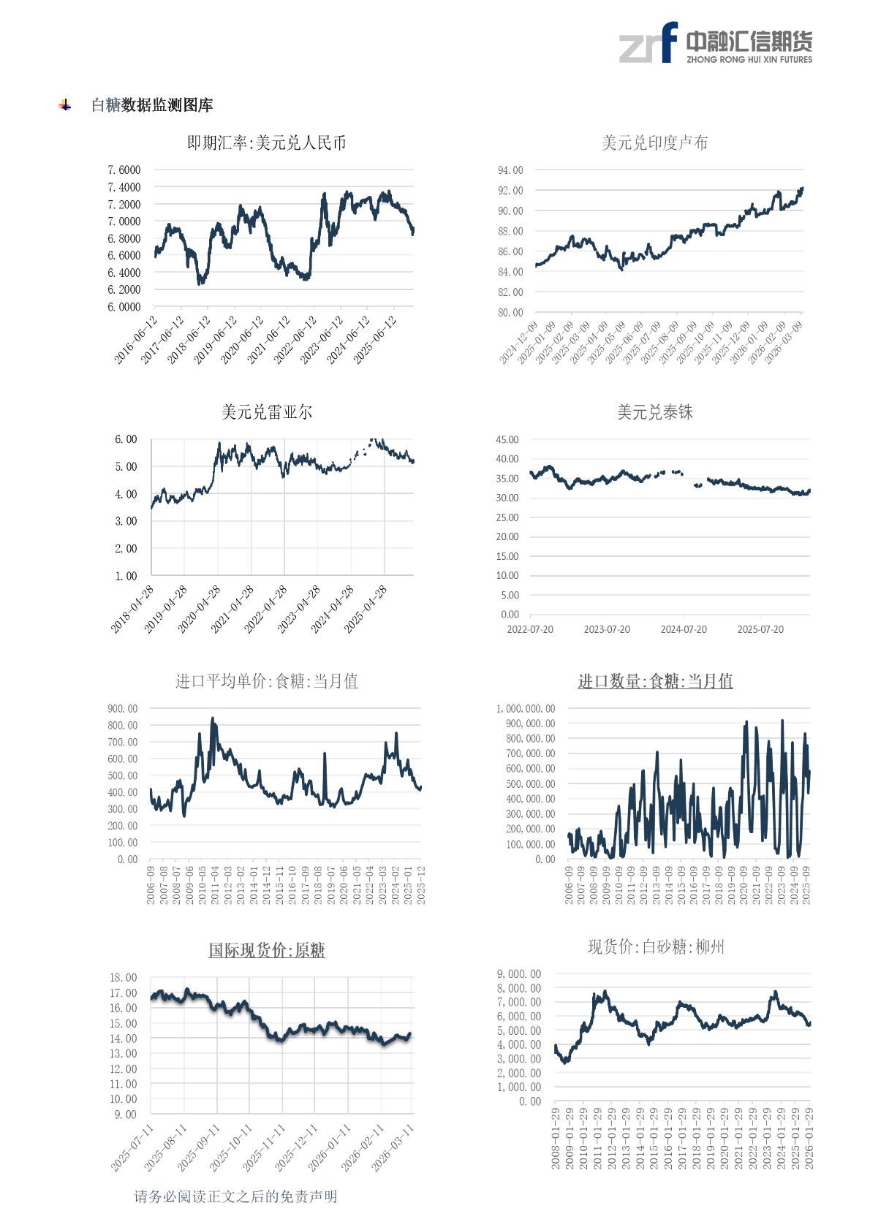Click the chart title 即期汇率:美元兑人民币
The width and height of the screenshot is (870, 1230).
pos(266,143)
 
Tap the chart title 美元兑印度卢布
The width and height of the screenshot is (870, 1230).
pos(654,143)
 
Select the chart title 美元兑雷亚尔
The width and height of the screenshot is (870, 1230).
pos(266,412)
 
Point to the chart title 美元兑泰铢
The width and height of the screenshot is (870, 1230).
pos(654,412)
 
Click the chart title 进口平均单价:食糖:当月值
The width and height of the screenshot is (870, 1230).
pos(266,681)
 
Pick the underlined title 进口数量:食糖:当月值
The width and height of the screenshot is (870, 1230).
pos(655,681)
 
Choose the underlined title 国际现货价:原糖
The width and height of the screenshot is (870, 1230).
pos(266,950)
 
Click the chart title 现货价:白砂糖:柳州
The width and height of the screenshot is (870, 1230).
pos(656,947)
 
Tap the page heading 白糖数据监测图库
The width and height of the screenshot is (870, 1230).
pos(152,105)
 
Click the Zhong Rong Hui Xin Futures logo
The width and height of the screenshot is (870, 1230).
pos(715,44)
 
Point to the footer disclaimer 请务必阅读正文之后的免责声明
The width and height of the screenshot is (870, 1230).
pos(235,1196)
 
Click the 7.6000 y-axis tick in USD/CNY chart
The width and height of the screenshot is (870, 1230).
pos(124,170)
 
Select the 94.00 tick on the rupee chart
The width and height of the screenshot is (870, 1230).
pos(510,170)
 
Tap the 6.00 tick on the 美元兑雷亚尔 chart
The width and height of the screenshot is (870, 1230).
pos(126,439)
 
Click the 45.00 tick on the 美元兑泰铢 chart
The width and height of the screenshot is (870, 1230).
pos(507,439)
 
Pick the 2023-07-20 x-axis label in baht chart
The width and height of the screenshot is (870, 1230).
pos(606,629)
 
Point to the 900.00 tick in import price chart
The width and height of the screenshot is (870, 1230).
pos(122,708)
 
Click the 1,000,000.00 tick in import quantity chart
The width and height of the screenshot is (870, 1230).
pos(525,708)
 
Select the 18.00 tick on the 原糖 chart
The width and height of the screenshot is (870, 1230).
pos(123,977)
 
